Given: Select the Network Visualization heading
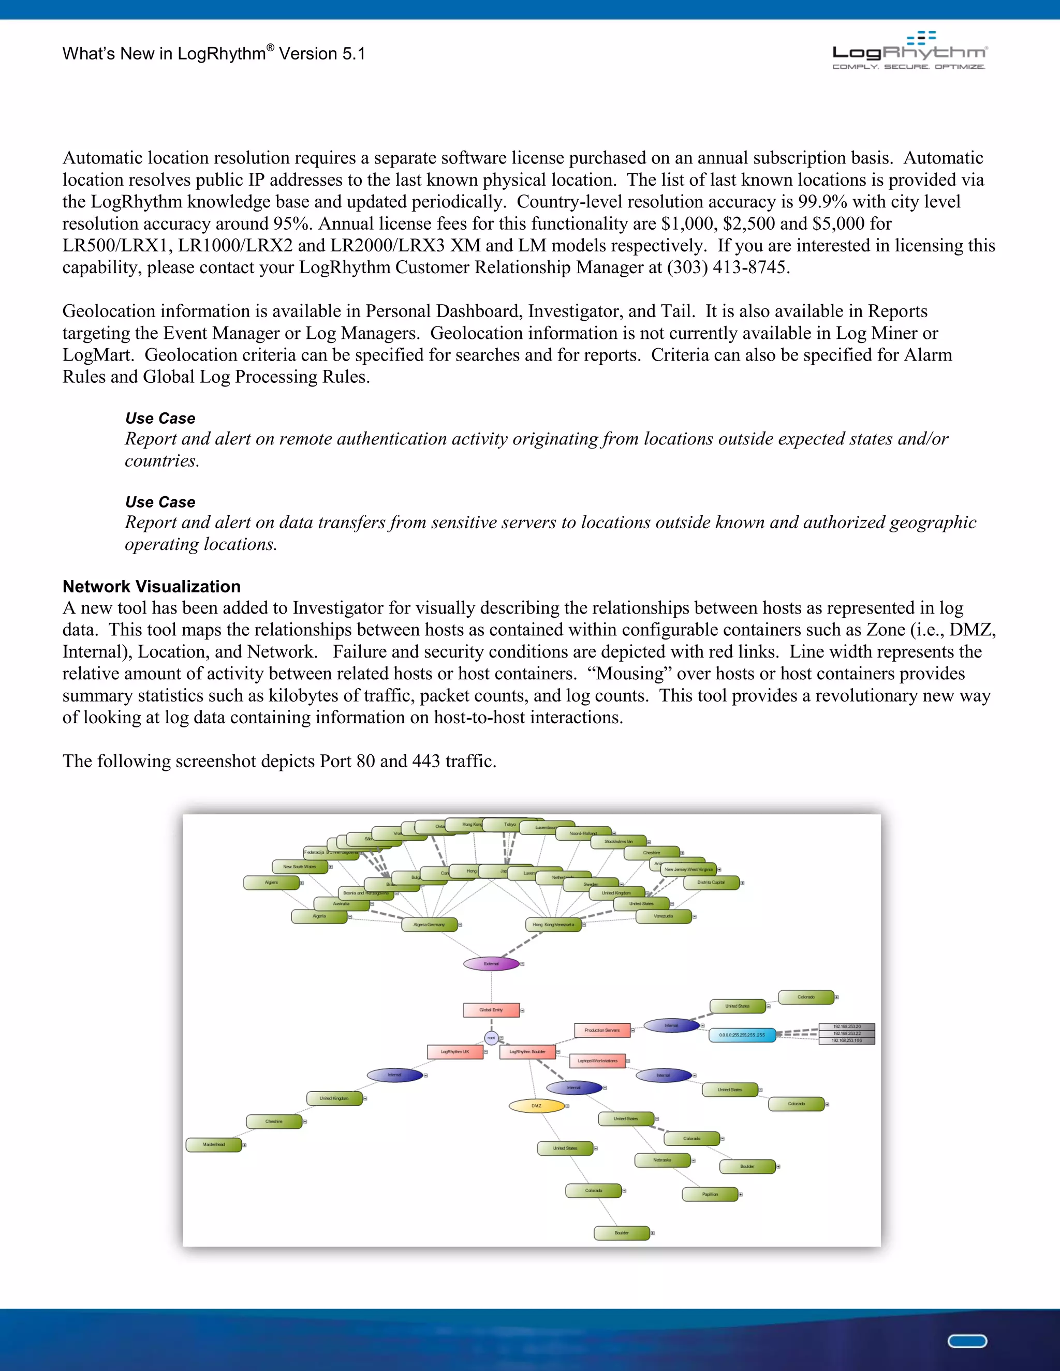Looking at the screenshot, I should click(151, 586).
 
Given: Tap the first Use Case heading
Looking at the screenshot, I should click(160, 418).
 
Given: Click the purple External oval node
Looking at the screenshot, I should click(491, 964).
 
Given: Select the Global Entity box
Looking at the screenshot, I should click(491, 1010).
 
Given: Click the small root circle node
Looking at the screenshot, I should click(491, 1038).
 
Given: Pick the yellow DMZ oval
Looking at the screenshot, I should click(536, 1106).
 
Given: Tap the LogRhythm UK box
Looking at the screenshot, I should click(454, 1051).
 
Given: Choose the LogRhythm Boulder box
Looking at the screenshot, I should click(527, 1051).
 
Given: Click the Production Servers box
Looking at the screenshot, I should click(601, 1030).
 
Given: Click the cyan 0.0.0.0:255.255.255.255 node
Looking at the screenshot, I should click(742, 1035).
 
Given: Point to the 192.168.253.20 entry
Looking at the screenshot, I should click(846, 1026).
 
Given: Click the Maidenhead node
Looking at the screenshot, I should click(214, 1144).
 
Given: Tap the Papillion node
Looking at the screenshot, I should click(710, 1194).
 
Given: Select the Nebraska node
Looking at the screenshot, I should click(662, 1160).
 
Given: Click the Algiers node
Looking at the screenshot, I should click(271, 883).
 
